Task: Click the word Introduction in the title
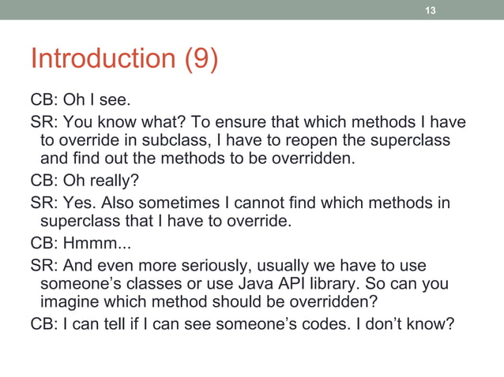pos(104,59)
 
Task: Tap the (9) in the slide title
pos(201,59)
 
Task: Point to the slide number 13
pos(431,10)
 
